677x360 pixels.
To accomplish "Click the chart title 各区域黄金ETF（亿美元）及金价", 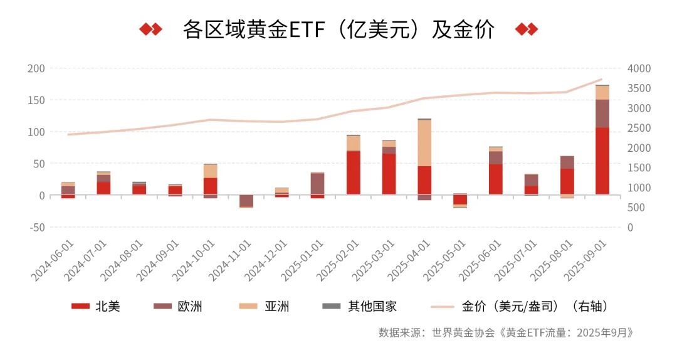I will [338, 29].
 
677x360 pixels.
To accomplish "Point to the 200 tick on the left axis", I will [36, 68].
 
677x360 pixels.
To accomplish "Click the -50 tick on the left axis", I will [35, 227].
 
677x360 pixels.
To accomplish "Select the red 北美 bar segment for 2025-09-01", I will [602, 161].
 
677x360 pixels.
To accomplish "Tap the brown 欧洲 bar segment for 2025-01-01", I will [318, 184].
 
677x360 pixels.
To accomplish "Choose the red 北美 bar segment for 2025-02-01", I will [354, 172].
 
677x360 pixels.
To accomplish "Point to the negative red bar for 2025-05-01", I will [460, 199].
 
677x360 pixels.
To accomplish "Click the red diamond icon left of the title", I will [150, 29].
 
